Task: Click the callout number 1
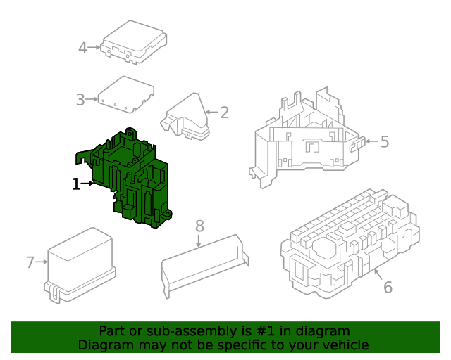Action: pyautogui.click(x=76, y=184)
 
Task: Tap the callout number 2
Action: pyautogui.click(x=225, y=112)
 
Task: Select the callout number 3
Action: pyautogui.click(x=80, y=100)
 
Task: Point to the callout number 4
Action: pyautogui.click(x=83, y=48)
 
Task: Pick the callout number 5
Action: pyautogui.click(x=385, y=141)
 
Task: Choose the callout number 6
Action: pyautogui.click(x=388, y=287)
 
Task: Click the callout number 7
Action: pyautogui.click(x=30, y=262)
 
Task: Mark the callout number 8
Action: pyautogui.click(x=199, y=226)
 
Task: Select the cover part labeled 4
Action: pyautogui.click(x=134, y=41)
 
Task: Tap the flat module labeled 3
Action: pyautogui.click(x=126, y=94)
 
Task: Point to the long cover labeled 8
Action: pyautogui.click(x=204, y=264)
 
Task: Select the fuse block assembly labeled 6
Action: pyautogui.click(x=350, y=244)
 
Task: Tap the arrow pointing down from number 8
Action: pyautogui.click(x=199, y=240)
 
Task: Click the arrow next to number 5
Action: pyautogui.click(x=372, y=141)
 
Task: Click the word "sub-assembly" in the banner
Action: pyautogui.click(x=190, y=331)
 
